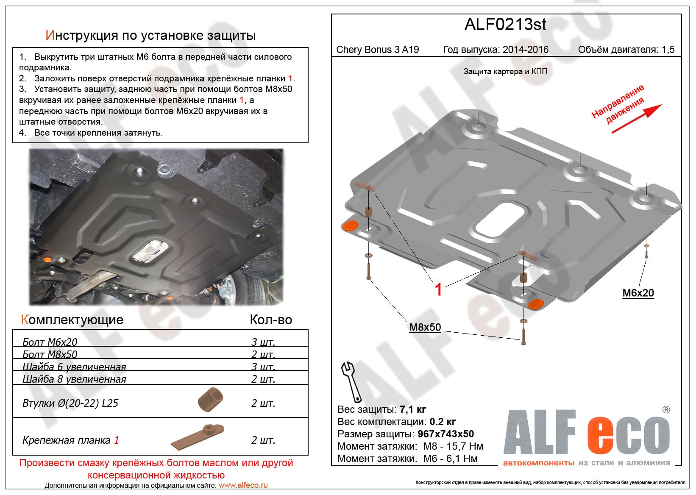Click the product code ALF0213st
click(x=505, y=25)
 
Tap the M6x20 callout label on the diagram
click(x=638, y=293)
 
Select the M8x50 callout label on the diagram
click(x=425, y=327)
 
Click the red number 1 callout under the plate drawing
click(x=438, y=290)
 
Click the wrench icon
click(x=351, y=381)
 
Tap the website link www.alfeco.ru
click(x=243, y=485)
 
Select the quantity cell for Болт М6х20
click(x=263, y=342)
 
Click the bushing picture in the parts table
click(x=210, y=399)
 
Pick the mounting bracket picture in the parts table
click(x=198, y=437)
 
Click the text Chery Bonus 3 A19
click(x=377, y=50)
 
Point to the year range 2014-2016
click(x=525, y=50)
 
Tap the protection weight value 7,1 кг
click(x=412, y=409)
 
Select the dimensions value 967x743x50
click(x=445, y=434)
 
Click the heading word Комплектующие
click(x=72, y=320)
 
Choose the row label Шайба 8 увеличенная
click(x=74, y=379)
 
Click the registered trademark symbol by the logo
click(x=666, y=409)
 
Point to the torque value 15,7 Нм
click(x=465, y=446)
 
